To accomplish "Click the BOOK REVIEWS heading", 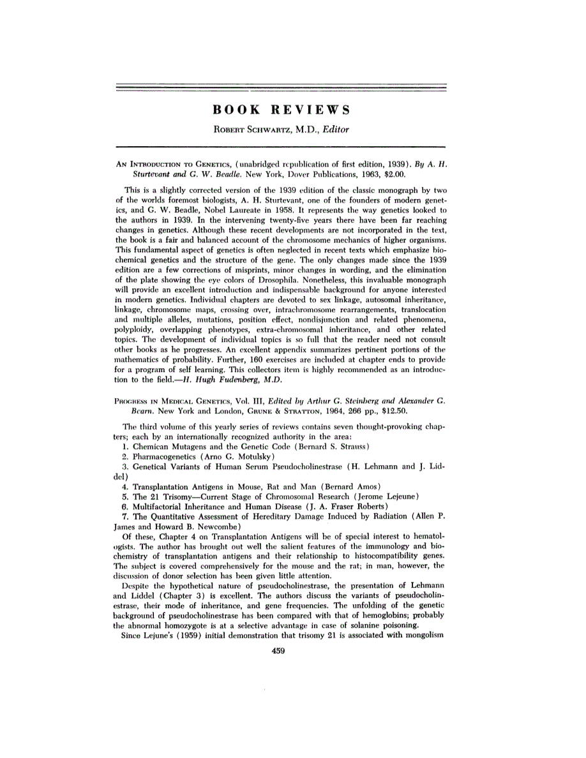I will click(281, 110).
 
